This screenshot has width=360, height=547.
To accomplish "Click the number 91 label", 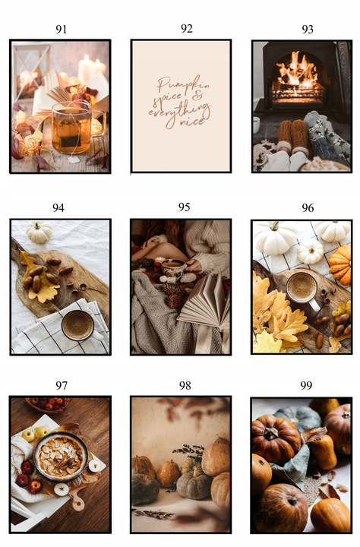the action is coord(61,30).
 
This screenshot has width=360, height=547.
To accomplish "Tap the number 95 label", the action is coord(184,207).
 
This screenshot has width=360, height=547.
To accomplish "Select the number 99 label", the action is coord(306,385).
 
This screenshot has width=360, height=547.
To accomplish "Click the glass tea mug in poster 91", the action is coord(75,128).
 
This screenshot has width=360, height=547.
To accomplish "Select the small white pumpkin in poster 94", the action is coord(39,232).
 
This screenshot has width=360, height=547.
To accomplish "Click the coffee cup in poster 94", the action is coord(78,325).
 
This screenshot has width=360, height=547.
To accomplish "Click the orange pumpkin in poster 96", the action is coord(340,264).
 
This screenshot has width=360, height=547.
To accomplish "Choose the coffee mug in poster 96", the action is coord(303,289).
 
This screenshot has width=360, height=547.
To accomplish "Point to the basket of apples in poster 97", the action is coord(47,405).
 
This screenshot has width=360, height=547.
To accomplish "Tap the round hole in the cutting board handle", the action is coord(78,504).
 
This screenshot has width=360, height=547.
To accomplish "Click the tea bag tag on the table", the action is coord(73,160).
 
